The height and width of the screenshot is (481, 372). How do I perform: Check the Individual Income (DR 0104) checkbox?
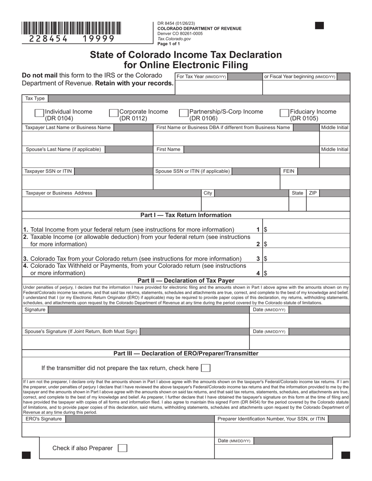[39, 113]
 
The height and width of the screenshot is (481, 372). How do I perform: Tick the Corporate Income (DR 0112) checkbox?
[114, 113]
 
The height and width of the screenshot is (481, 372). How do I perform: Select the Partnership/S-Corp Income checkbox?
[183, 113]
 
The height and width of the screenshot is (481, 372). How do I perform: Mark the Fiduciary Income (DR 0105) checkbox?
[284, 113]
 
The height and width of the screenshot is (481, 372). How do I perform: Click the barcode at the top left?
[71, 28]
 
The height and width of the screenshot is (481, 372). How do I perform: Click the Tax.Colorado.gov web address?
[174, 39]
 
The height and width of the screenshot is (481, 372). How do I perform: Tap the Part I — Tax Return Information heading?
[186, 215]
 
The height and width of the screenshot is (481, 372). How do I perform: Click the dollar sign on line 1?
[265, 230]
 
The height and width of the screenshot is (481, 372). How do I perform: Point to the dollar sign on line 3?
[265, 258]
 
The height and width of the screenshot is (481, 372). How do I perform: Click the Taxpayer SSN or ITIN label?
[48, 171]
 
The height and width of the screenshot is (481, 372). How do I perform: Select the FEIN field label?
[289, 171]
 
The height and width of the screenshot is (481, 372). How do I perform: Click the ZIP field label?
[313, 193]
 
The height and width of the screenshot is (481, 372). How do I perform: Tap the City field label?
[208, 193]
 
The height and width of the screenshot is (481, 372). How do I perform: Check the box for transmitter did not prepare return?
[205, 368]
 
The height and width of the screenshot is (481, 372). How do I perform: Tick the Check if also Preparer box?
[123, 448]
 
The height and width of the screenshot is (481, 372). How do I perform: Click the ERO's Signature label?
[44, 419]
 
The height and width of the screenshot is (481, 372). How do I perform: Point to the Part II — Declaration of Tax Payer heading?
[186, 280]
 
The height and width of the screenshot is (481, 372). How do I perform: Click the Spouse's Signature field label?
[81, 332]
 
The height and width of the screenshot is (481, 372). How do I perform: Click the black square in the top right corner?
[320, 26]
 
